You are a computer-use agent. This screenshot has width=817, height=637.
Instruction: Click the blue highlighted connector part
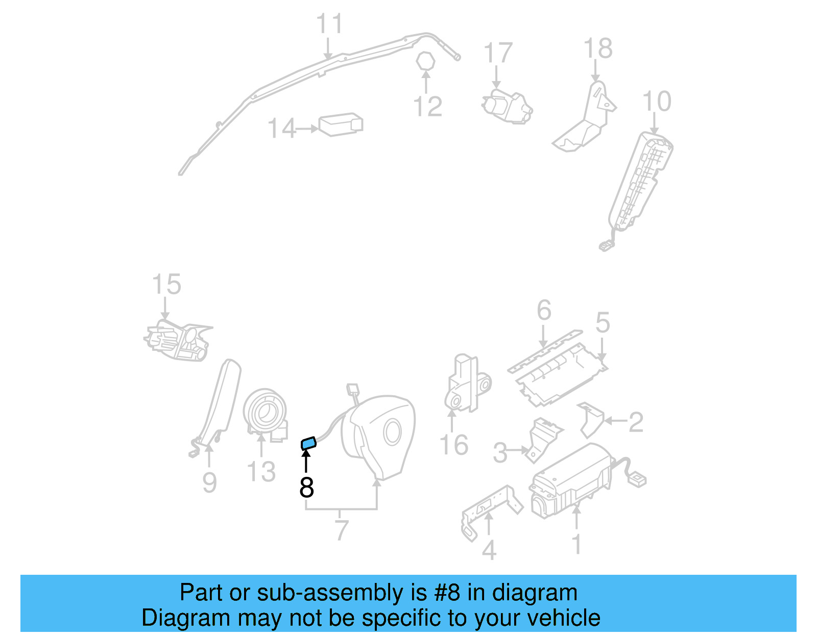coord(308,443)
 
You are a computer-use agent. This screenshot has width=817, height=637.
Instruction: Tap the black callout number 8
coord(306,488)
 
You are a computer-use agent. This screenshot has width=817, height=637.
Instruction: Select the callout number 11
coord(329,24)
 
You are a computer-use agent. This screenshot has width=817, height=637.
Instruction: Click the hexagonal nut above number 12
coord(425,62)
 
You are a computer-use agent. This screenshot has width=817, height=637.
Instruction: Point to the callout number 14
coord(281,129)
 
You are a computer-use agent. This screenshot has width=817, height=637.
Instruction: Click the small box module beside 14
coord(341,124)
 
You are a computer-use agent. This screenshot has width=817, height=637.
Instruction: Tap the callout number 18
coord(598,49)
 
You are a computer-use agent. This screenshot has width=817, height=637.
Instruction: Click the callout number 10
coord(657,101)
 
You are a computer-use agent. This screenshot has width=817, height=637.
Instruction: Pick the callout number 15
coord(166,285)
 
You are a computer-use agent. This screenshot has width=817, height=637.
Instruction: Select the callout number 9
coord(209,482)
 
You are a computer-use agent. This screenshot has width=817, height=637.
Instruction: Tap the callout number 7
coord(342,530)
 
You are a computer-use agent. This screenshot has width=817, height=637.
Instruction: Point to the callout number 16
coord(454,445)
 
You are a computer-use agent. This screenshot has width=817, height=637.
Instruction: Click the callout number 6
coord(544,310)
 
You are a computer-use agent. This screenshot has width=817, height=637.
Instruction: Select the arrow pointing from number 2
coord(615,421)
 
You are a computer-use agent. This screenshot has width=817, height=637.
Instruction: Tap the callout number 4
coord(489,550)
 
